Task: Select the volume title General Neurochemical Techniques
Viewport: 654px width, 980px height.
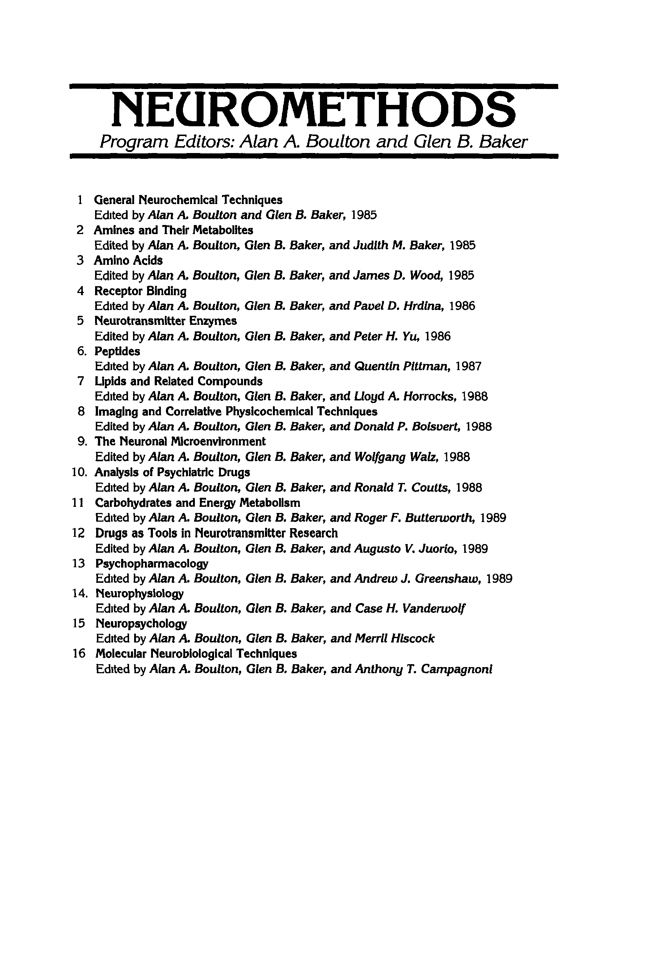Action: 188,200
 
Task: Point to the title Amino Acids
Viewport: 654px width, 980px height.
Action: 128,260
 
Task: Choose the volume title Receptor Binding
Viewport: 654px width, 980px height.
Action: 140,290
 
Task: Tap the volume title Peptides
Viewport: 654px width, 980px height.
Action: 117,351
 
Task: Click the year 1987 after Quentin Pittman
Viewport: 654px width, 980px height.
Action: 469,366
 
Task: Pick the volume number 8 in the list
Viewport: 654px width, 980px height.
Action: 81,412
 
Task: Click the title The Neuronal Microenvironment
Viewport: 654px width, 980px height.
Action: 180,442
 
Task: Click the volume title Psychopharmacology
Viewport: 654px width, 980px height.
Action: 152,564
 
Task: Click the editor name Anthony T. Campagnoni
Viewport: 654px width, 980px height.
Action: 423,669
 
